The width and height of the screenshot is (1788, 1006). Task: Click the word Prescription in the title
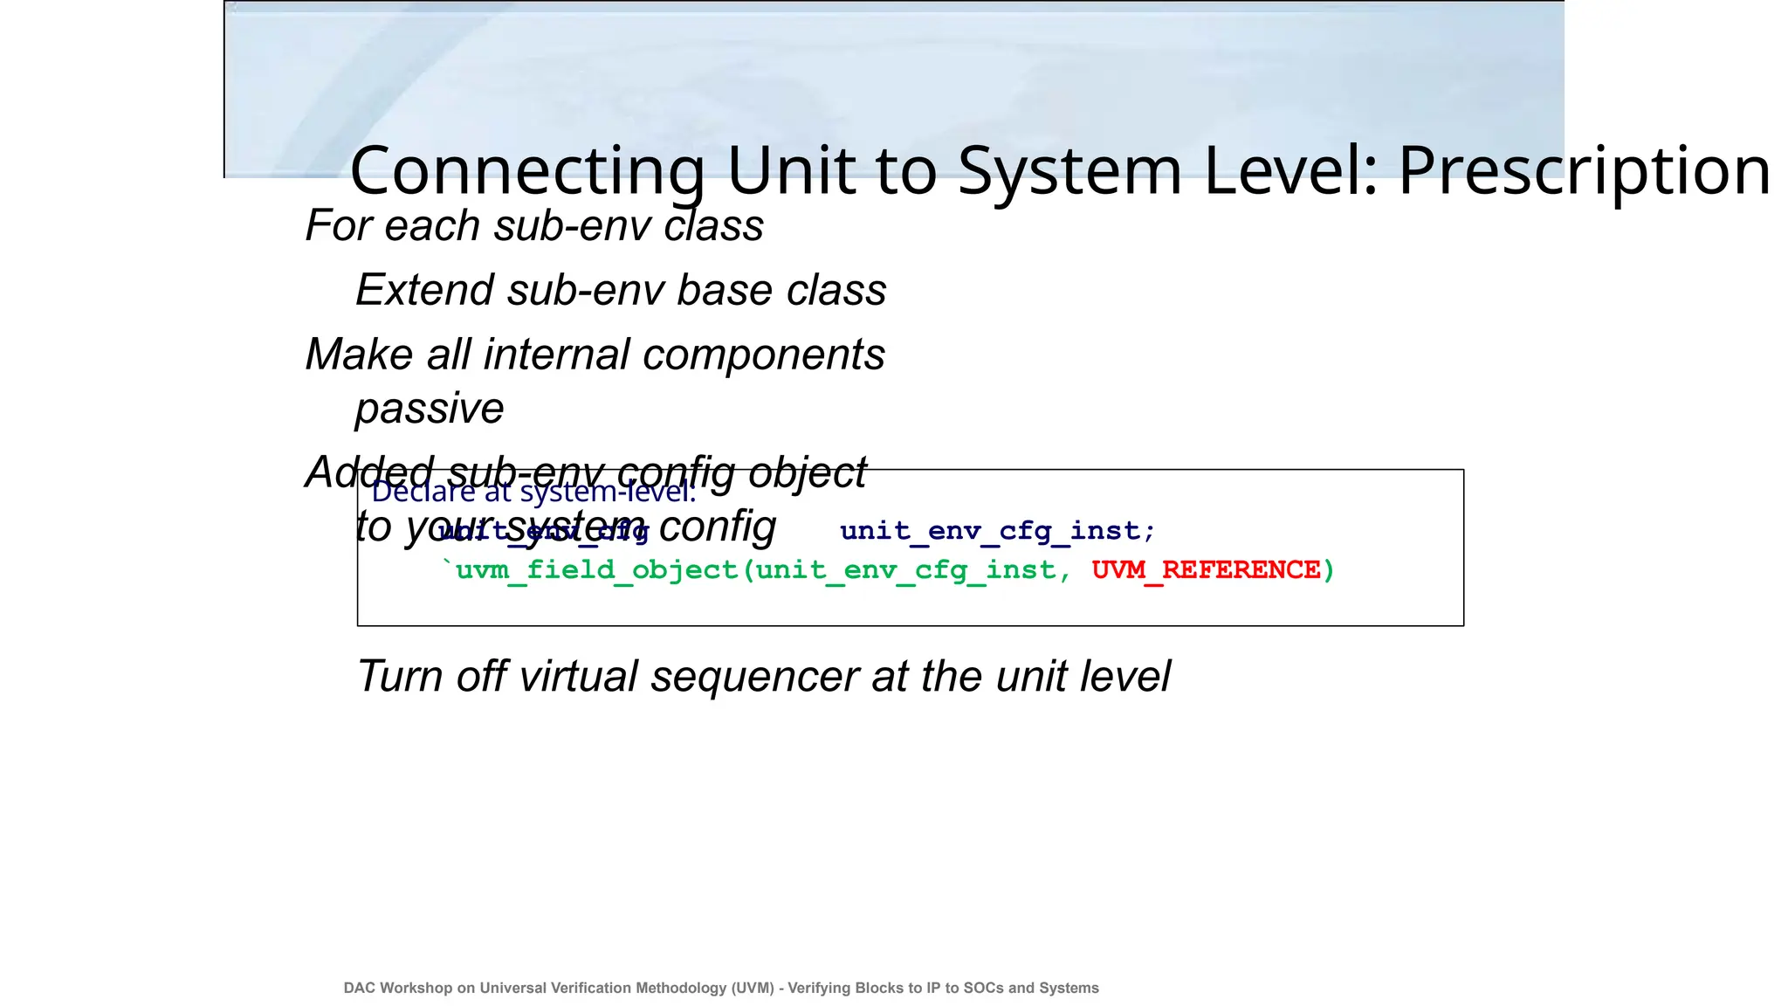tap(1584, 171)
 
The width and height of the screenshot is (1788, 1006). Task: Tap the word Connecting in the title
tap(526, 171)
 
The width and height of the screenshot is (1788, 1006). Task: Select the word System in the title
tap(1069, 171)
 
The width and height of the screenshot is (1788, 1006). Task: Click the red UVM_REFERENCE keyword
tap(1206, 570)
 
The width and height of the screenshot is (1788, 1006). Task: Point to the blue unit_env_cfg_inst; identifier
tap(997, 531)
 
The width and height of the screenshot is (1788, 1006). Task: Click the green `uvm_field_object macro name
tap(589, 570)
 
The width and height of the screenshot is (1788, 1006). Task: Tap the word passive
tap(430, 409)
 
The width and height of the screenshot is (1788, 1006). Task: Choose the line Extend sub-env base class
tap(621, 290)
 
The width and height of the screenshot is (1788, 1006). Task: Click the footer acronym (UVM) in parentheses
tap(753, 988)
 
